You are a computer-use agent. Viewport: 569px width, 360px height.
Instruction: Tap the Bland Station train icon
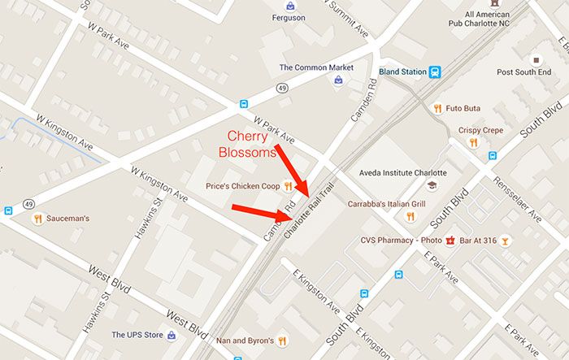[436, 72]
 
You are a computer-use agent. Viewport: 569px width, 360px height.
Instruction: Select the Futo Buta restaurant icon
[437, 107]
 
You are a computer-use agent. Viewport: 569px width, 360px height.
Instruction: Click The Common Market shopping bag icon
[337, 80]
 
